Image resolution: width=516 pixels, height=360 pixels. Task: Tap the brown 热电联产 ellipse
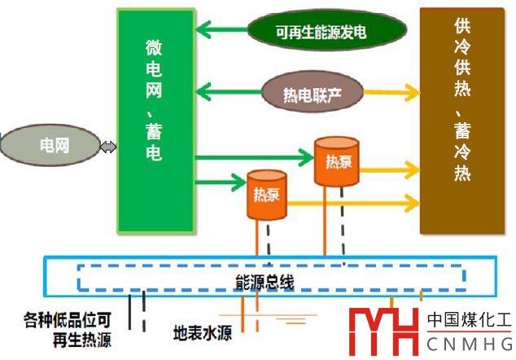(312, 93)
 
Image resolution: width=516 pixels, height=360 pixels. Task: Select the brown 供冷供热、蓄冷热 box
(461, 120)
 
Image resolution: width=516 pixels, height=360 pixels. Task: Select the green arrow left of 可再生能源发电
(221, 32)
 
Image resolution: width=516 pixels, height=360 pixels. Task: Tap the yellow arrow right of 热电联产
(391, 93)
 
